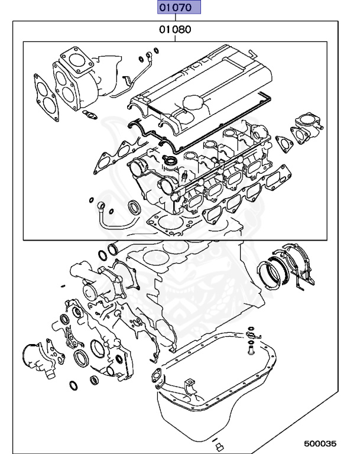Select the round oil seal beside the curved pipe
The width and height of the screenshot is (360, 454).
click(x=135, y=208)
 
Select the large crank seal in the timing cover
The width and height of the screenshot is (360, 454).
click(x=80, y=359)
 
